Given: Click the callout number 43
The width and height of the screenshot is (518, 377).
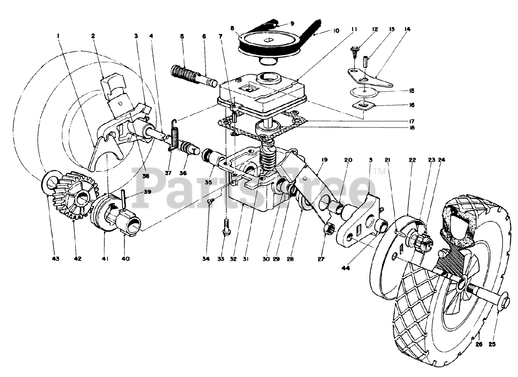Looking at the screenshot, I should [55, 258].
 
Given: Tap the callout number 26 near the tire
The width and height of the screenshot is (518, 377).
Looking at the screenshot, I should [479, 345].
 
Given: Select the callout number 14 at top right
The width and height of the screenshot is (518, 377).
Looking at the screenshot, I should [407, 29].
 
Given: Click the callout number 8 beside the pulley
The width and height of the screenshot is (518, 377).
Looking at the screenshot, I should [232, 29].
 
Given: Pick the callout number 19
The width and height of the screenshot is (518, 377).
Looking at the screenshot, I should [324, 160].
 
